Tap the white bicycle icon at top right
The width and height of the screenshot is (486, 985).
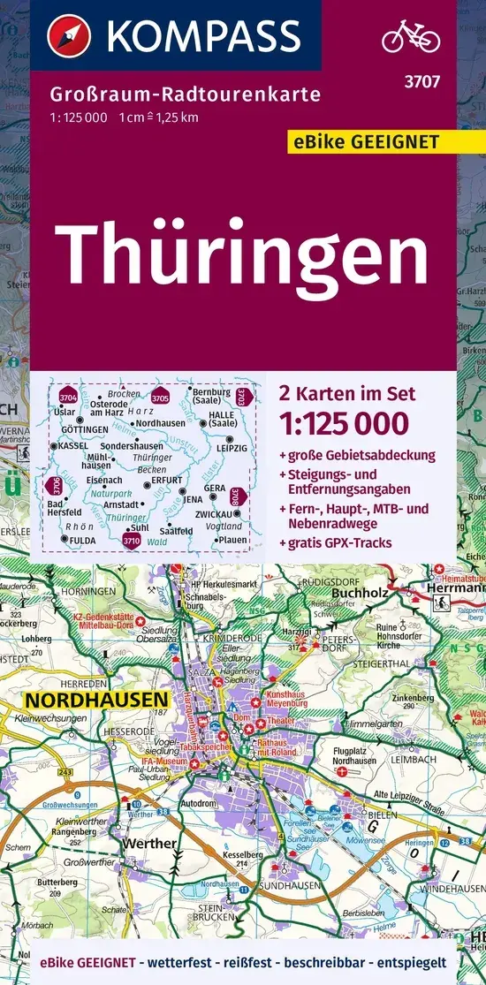(411, 37)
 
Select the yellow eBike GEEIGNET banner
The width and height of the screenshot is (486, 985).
(374, 141)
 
